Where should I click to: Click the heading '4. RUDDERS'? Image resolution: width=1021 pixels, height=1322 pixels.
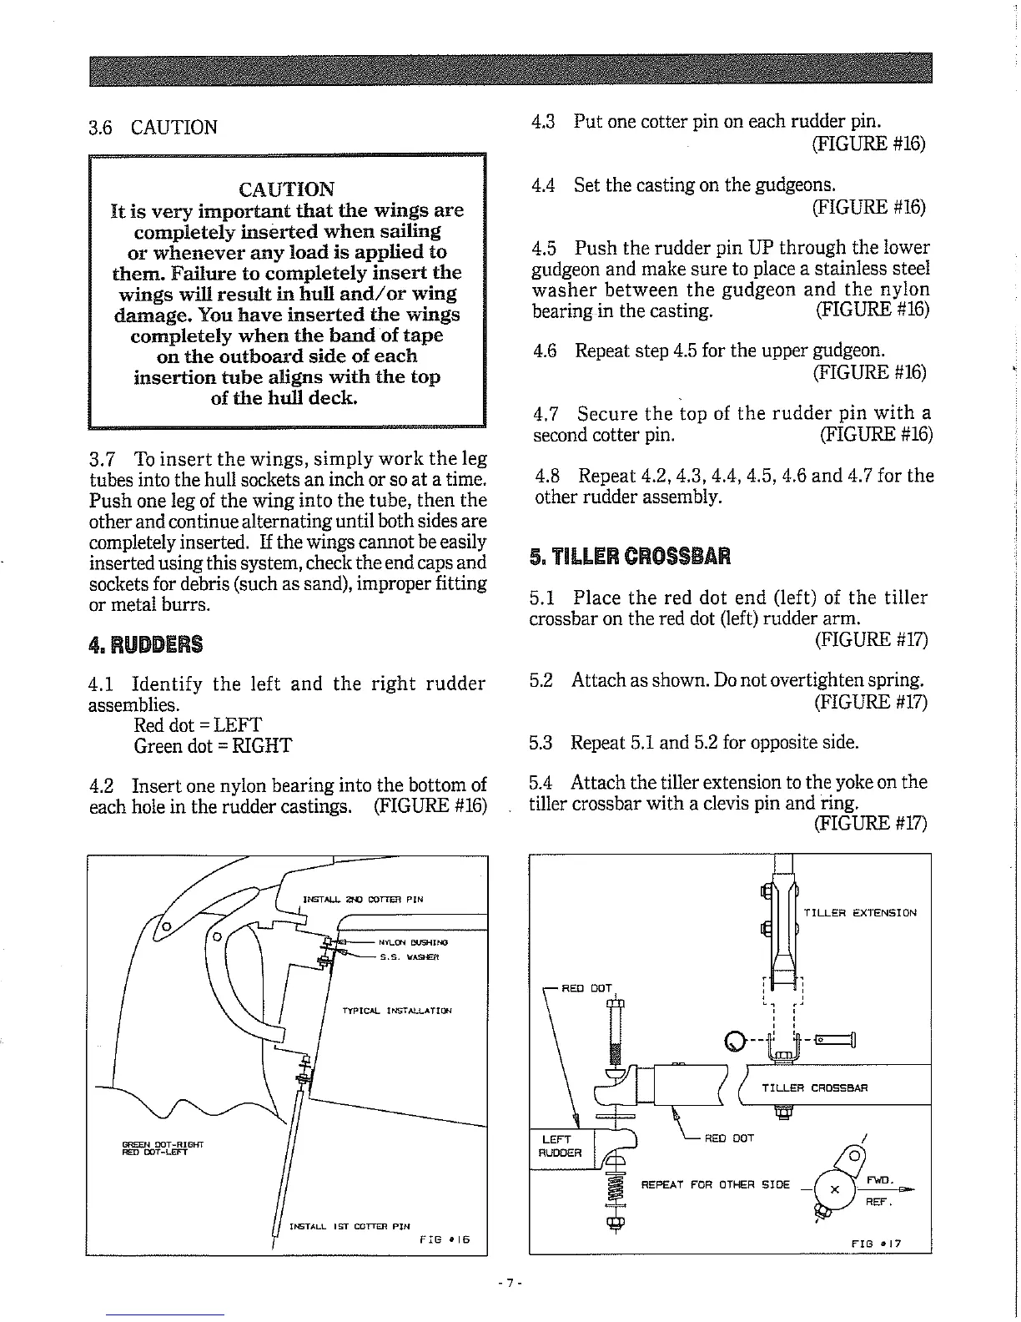pyautogui.click(x=145, y=644)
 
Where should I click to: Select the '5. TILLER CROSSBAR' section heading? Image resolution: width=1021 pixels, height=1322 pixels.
pyautogui.click(x=630, y=556)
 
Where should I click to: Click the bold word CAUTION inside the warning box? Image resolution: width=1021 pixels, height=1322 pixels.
pyautogui.click(x=286, y=189)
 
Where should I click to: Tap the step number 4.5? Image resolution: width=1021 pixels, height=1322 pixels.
pyautogui.click(x=543, y=248)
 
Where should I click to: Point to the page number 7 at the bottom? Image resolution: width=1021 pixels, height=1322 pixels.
pyautogui.click(x=509, y=1281)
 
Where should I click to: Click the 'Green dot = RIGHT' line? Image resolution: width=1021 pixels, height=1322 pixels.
pyautogui.click(x=213, y=745)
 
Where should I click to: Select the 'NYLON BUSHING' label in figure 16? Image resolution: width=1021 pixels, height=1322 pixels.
pyautogui.click(x=413, y=941)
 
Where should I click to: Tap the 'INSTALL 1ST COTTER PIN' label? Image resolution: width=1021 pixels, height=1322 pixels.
pyautogui.click(x=349, y=1226)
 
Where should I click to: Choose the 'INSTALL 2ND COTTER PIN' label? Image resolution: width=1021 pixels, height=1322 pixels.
pyautogui.click(x=363, y=900)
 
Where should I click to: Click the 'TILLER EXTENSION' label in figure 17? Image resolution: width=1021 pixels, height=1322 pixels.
pyautogui.click(x=859, y=912)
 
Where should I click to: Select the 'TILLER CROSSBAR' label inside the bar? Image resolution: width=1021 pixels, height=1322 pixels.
pyautogui.click(x=814, y=1087)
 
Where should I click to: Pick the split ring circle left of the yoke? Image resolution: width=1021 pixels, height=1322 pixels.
pyautogui.click(x=734, y=1041)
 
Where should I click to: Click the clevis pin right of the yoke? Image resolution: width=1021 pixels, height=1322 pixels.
pyautogui.click(x=834, y=1040)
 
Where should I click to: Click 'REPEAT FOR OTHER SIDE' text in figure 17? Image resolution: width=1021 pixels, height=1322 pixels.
pyautogui.click(x=715, y=1184)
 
